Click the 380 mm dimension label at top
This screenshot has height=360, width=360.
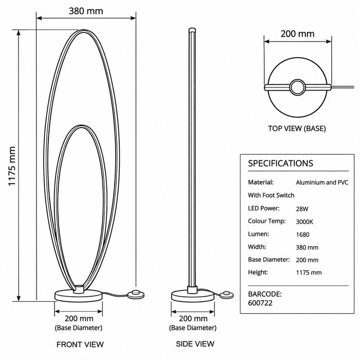(x=86, y=11)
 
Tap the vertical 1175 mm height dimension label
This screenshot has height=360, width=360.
(x=12, y=166)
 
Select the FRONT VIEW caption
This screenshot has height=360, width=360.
(x=80, y=345)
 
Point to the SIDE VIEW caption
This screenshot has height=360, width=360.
(x=195, y=344)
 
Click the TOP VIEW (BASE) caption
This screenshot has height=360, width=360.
(x=297, y=129)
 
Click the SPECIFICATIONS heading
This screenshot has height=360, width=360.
(x=281, y=163)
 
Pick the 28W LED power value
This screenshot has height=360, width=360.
(x=302, y=209)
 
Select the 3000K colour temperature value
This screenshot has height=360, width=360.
(x=304, y=222)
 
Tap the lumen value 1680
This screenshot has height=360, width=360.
(x=302, y=235)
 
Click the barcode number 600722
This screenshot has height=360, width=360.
(x=260, y=303)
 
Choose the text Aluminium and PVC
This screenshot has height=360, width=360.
(x=322, y=182)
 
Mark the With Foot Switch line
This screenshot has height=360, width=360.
(x=271, y=195)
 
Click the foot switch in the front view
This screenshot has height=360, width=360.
(x=136, y=295)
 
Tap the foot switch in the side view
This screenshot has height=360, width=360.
(x=226, y=295)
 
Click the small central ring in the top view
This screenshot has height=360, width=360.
(x=298, y=87)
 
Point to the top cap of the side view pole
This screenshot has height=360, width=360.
(x=192, y=30)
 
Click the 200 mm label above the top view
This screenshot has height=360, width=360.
(x=297, y=34)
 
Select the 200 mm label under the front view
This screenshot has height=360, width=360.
(x=79, y=318)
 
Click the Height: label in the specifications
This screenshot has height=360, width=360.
(x=258, y=272)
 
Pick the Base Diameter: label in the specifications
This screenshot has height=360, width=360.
(x=269, y=259)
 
